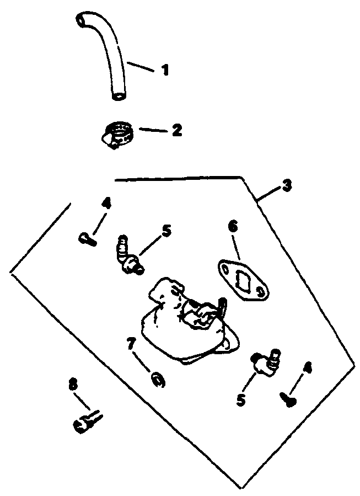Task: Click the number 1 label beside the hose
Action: tap(165, 70)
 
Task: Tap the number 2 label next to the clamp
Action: tap(176, 130)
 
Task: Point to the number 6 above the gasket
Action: tap(233, 227)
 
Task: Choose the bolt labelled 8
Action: tap(86, 423)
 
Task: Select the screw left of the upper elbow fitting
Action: tap(87, 239)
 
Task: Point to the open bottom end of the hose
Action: tap(117, 97)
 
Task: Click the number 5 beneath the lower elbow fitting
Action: tap(241, 399)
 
